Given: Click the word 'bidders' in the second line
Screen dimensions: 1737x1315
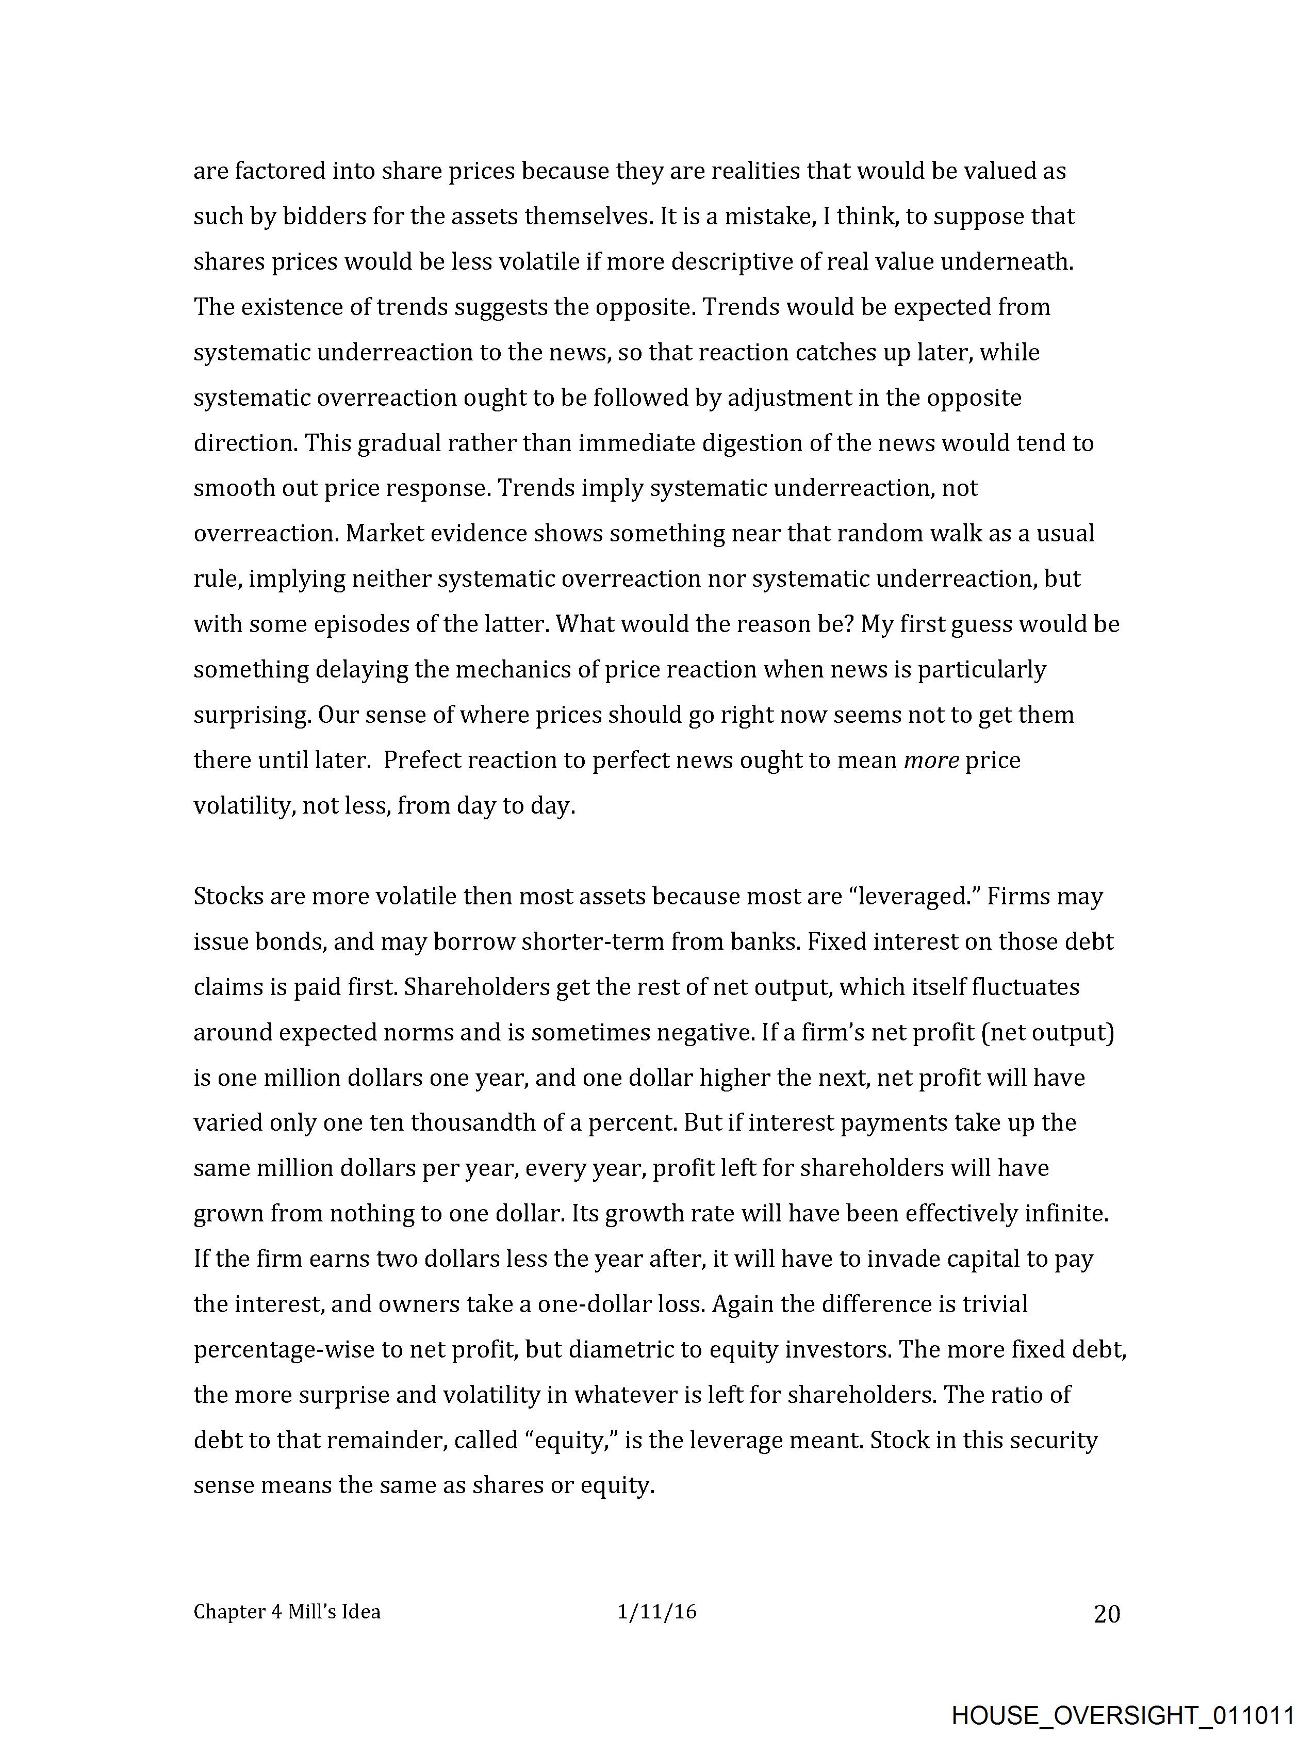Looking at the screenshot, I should click(324, 217).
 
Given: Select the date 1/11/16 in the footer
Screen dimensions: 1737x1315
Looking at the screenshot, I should click(656, 1612).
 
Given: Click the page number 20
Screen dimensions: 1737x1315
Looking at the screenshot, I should click(1107, 1614).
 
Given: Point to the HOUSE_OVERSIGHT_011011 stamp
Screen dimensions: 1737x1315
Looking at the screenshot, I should click(1123, 1714).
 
